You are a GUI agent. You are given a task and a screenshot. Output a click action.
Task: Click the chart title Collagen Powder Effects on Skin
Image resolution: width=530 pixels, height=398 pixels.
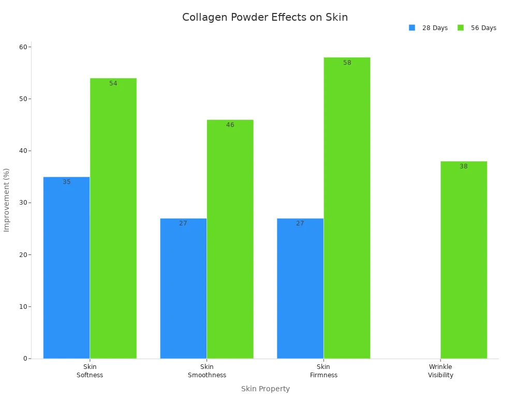[x=265, y=17]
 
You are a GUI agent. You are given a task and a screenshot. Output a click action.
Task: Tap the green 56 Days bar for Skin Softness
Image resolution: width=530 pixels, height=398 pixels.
[x=113, y=218]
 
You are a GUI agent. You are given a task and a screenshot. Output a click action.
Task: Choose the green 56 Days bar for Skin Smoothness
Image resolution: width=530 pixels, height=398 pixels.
[x=230, y=239]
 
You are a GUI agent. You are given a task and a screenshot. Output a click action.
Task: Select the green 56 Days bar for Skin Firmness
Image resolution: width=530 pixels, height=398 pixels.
[x=347, y=208]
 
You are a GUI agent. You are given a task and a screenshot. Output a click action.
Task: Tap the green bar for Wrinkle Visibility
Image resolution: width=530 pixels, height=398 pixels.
[x=464, y=260]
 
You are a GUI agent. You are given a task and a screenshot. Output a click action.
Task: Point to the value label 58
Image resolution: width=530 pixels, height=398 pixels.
[x=347, y=63]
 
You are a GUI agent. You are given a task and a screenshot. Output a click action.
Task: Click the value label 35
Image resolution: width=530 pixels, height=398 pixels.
[x=66, y=182]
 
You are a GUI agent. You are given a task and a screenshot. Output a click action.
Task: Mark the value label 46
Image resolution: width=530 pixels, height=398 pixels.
[x=230, y=125]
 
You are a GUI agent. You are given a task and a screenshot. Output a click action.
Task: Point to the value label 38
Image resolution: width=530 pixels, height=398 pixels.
[x=464, y=166]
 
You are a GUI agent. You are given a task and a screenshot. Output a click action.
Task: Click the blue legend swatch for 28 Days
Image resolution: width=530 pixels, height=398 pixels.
[x=412, y=28]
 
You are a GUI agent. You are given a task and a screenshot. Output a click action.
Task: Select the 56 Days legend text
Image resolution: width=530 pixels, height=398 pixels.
[x=483, y=28]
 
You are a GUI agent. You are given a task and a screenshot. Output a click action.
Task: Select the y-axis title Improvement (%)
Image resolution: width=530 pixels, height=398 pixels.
[x=7, y=200]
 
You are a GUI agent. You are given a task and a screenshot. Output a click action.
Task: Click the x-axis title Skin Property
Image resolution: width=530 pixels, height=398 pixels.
[x=265, y=389]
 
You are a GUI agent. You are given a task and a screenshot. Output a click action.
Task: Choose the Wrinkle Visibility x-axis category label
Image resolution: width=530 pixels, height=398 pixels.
[x=440, y=371]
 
